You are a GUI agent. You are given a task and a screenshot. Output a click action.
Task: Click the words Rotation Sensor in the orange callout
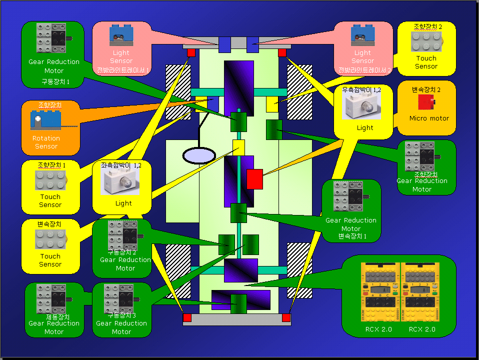(x=46, y=142)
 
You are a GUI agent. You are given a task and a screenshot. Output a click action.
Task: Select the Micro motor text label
(x=429, y=118)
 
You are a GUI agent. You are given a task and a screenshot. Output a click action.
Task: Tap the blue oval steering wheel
(x=199, y=155)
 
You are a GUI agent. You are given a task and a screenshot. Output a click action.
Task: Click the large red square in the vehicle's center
(x=254, y=179)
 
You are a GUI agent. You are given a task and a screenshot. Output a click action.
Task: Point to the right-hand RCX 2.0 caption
(x=421, y=329)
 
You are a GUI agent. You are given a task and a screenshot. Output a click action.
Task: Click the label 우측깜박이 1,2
(x=361, y=89)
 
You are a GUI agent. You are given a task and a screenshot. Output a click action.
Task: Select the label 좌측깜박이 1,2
(x=121, y=165)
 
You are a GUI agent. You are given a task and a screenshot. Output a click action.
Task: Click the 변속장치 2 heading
(x=426, y=89)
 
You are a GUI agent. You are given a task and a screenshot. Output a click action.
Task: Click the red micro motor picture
(x=426, y=102)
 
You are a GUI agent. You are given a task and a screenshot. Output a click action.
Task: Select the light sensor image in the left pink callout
(x=120, y=35)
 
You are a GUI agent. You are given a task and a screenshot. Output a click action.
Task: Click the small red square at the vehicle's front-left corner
(x=191, y=52)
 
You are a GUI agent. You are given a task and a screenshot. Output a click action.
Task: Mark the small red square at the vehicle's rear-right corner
(x=286, y=317)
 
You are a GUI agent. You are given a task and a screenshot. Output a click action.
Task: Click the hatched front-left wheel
(x=175, y=91)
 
